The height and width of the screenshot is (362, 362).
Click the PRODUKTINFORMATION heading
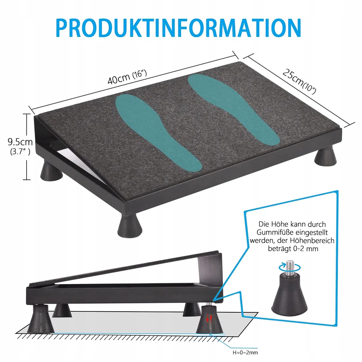[178, 28]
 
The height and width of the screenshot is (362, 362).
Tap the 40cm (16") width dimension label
[127, 77]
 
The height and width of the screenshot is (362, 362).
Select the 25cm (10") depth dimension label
[299, 82]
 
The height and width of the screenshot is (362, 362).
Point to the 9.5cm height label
[20, 142]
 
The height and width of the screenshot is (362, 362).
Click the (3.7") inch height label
[20, 152]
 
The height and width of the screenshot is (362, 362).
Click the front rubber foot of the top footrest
[130, 225]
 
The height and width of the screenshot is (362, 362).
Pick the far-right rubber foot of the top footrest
[325, 157]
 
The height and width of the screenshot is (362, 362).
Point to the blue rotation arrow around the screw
[290, 268]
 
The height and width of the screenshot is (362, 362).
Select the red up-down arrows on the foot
[209, 319]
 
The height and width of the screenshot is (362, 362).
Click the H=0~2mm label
[245, 352]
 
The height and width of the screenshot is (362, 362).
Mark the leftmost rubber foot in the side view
[40, 319]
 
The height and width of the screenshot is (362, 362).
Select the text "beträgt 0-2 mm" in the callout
[293, 249]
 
